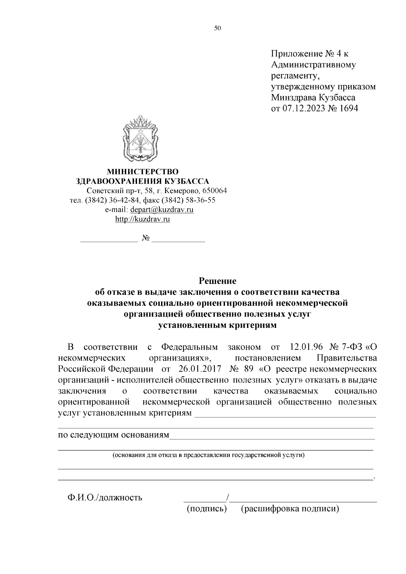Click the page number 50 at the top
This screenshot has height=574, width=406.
coord(217,28)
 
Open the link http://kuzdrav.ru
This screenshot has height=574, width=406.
coord(142,219)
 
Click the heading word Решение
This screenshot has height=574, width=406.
coord(217,281)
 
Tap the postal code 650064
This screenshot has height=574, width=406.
coord(215,190)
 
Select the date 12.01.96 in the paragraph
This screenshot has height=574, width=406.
coord(305,347)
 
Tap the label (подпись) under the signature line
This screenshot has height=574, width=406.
coord(206,509)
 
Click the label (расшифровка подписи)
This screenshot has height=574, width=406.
coord(290,509)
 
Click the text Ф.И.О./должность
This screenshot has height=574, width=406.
coord(104,498)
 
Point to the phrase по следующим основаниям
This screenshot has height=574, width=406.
coord(113,435)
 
